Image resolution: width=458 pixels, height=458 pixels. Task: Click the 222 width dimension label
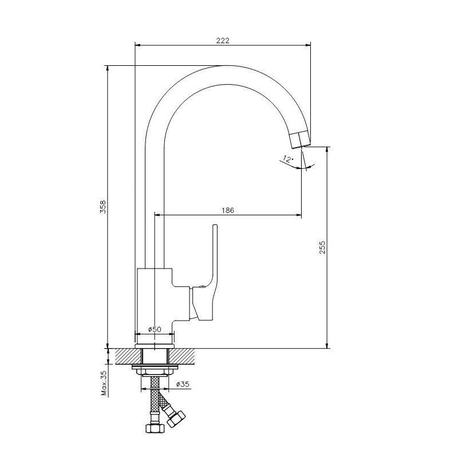(x=223, y=40)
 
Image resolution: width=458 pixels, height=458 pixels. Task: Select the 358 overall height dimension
(x=103, y=207)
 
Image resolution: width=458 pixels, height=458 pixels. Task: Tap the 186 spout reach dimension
(x=228, y=210)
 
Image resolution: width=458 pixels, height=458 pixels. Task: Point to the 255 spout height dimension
(x=322, y=247)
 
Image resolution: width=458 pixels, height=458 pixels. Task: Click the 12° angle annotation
(x=288, y=159)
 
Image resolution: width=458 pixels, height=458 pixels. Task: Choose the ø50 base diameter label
(x=155, y=329)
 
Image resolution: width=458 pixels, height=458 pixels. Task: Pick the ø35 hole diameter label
(x=183, y=384)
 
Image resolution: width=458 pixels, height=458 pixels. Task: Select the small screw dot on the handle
(x=202, y=287)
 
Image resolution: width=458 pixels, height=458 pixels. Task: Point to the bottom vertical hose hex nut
(x=155, y=428)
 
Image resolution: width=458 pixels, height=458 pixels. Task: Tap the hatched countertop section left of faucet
(x=128, y=356)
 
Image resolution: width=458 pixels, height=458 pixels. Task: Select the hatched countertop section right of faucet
(x=181, y=356)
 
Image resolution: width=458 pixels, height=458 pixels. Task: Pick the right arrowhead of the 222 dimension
(x=307, y=45)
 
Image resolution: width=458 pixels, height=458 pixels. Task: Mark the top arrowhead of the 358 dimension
(x=108, y=68)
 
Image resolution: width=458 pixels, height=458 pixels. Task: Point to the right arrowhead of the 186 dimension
(x=298, y=216)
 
